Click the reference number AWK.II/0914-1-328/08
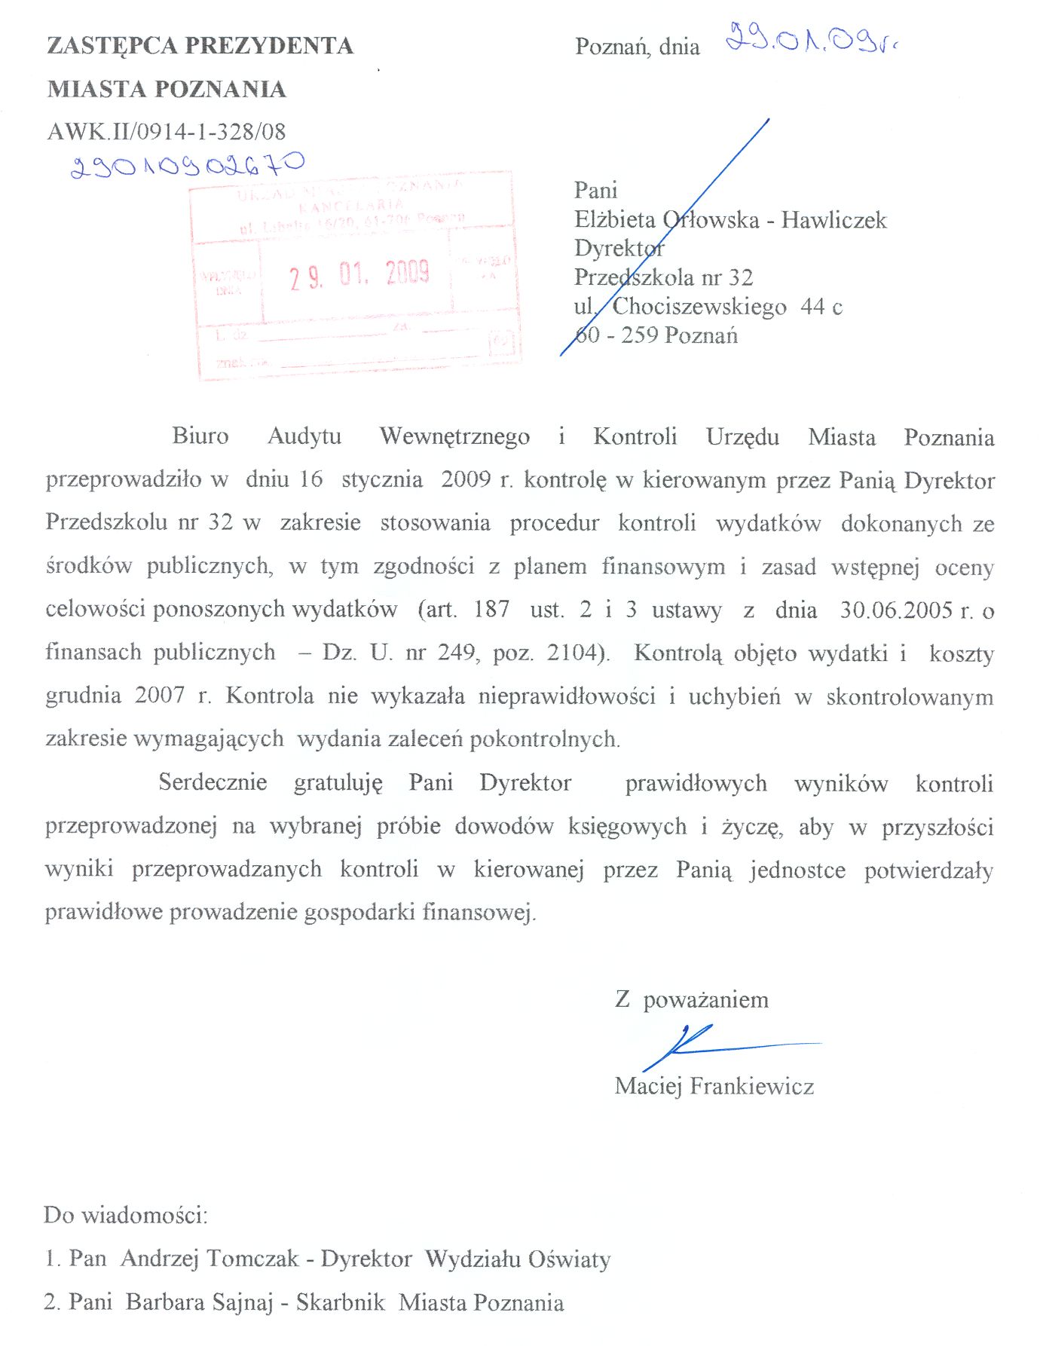[167, 132]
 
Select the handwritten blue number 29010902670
[187, 165]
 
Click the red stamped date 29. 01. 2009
[359, 274]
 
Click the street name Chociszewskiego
[699, 307]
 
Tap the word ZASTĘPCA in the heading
[112, 46]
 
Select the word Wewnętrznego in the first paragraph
[454, 436]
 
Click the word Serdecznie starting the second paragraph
[213, 782]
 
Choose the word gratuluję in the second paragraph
[338, 783]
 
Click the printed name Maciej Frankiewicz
[714, 1087]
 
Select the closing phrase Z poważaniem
[691, 1000]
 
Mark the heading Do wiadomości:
[125, 1216]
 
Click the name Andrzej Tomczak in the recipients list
[210, 1259]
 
